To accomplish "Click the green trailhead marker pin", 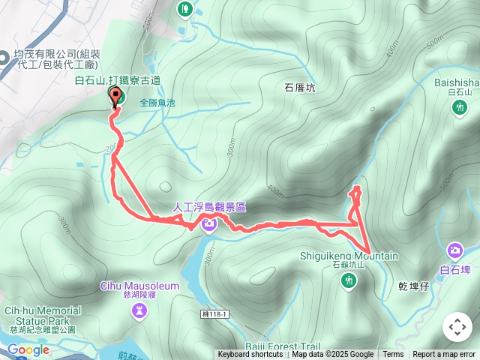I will coord(115,96).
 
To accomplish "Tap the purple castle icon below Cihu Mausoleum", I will coord(139,310).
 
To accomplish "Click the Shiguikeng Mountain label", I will coord(349,256).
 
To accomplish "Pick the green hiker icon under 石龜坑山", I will coord(348,280).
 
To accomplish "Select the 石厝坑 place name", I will coord(300,88).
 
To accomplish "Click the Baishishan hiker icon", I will coord(459,108).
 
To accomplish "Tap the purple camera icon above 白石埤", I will coord(454,250).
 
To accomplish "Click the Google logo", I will coord(28,349).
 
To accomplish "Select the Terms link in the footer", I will coord(393,355).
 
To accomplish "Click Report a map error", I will coord(444,355).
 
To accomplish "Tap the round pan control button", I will coord(457,326).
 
